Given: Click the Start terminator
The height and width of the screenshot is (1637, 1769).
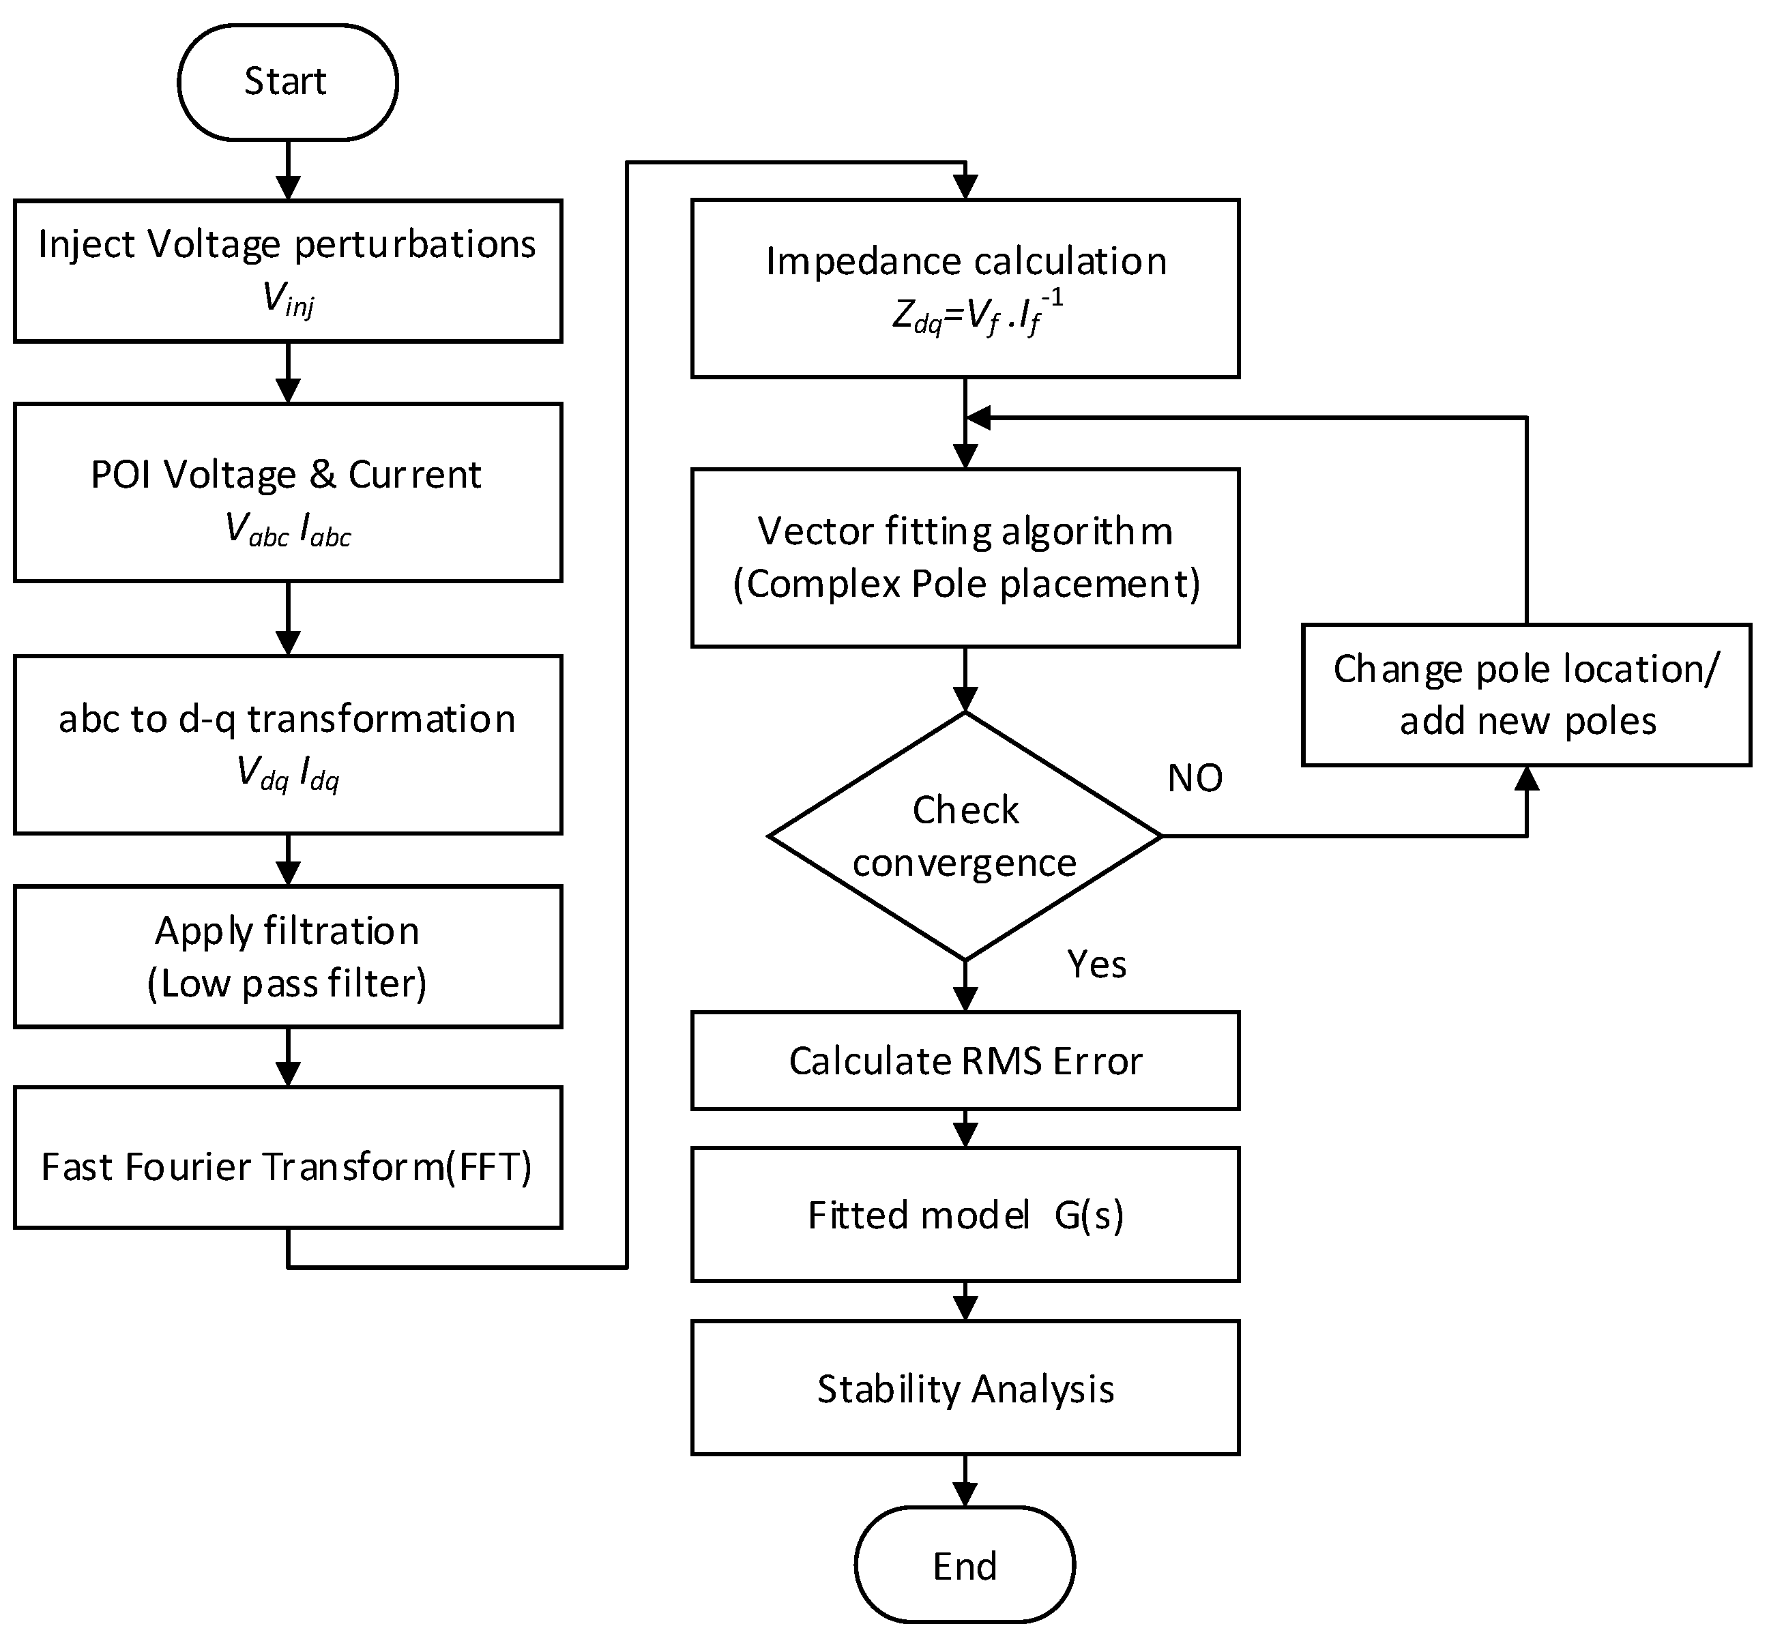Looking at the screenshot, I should point(287,81).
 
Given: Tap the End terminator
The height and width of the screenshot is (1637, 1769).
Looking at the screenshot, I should point(964,1566).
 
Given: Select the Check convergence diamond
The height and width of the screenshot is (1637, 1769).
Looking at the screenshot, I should point(964,836).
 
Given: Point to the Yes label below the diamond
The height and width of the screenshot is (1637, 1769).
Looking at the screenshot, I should point(1096,964).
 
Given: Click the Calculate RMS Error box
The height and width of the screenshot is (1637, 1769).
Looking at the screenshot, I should point(964,1061).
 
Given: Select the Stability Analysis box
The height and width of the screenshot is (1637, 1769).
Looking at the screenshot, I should point(964,1388).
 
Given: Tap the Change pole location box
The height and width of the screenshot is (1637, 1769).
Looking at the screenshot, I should point(1525,694).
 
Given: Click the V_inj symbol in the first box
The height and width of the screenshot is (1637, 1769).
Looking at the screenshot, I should point(288,299).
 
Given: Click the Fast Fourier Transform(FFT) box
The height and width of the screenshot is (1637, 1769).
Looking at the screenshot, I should point(287,1166).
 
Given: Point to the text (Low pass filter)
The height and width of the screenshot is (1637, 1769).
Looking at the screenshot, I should point(287,984).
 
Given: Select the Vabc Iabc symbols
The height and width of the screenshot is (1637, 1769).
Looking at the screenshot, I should point(288,531).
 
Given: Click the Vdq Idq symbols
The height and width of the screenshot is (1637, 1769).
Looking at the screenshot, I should point(288,774).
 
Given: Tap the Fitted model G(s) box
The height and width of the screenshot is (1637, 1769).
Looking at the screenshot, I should point(964,1215).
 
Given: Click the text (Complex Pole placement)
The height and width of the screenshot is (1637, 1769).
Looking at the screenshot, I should point(965,584).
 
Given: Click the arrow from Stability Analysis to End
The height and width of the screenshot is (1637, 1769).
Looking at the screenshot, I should point(965,1480).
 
